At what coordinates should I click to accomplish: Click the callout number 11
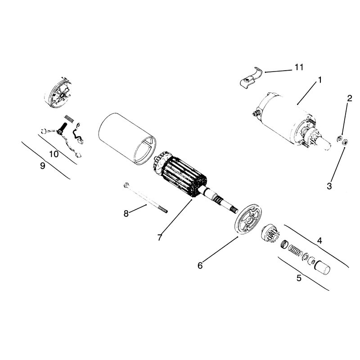click(x=299, y=67)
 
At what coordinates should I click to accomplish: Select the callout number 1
click(x=319, y=80)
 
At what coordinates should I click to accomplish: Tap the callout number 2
click(x=350, y=99)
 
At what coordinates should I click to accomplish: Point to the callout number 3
click(x=329, y=186)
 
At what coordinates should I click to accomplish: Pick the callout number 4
click(x=319, y=241)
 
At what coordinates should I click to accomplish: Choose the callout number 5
click(x=299, y=278)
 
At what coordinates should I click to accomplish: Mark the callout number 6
click(x=200, y=265)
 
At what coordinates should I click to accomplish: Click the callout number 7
click(x=160, y=237)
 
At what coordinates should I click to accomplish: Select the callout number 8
click(x=126, y=213)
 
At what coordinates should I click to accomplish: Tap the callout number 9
click(x=42, y=166)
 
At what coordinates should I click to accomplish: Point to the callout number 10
click(x=54, y=154)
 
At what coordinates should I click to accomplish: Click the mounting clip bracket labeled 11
click(x=251, y=78)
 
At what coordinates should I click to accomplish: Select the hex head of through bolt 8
click(x=126, y=185)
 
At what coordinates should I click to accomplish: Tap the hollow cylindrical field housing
click(x=127, y=139)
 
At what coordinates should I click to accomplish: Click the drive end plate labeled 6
click(x=248, y=219)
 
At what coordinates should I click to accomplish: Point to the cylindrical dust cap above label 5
click(x=322, y=267)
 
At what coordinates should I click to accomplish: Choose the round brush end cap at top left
click(x=59, y=93)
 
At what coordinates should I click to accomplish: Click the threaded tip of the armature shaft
click(x=234, y=210)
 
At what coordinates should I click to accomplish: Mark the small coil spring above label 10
click(x=69, y=119)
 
